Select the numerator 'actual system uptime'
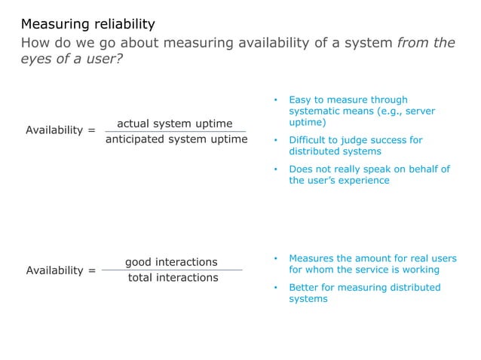click(x=174, y=123)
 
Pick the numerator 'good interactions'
click(x=171, y=262)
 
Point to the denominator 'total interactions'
click(x=173, y=277)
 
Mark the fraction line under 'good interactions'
click(x=173, y=270)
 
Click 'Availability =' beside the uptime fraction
click(x=60, y=130)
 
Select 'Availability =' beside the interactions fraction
click(x=60, y=270)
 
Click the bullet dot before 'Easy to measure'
click(x=276, y=100)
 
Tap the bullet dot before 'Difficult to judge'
click(x=276, y=140)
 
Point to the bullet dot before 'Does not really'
click(x=276, y=169)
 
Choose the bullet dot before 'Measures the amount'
click(x=276, y=258)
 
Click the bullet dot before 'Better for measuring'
click(x=276, y=288)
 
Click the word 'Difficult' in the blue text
click(x=309, y=140)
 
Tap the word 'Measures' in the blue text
click(x=311, y=258)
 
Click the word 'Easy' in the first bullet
click(x=301, y=99)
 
